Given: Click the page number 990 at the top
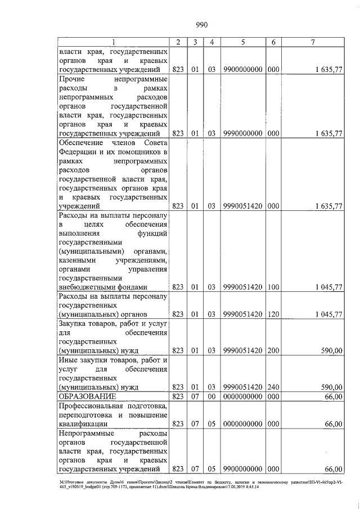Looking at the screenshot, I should click(x=202, y=24).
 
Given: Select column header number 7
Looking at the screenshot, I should click(x=313, y=42).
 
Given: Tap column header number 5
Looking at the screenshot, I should click(x=243, y=42).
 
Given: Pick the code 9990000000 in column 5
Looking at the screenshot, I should click(x=243, y=134).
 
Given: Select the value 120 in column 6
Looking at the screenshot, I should click(x=274, y=313).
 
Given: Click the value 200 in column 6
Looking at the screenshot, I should click(x=274, y=350).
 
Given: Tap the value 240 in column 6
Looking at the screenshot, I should click(x=274, y=387).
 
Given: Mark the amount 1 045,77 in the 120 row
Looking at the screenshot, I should click(x=326, y=313).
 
